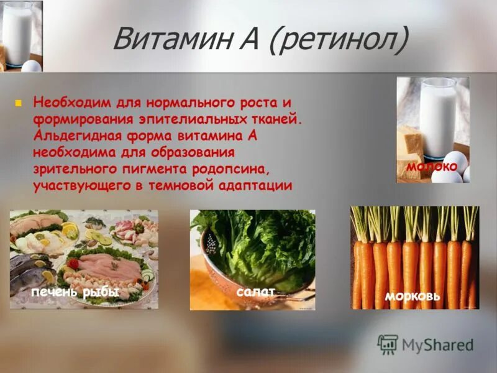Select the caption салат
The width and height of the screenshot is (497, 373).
[252, 291]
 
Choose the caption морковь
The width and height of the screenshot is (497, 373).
[413, 297]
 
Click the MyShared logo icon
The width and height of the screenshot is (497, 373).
[388, 344]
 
